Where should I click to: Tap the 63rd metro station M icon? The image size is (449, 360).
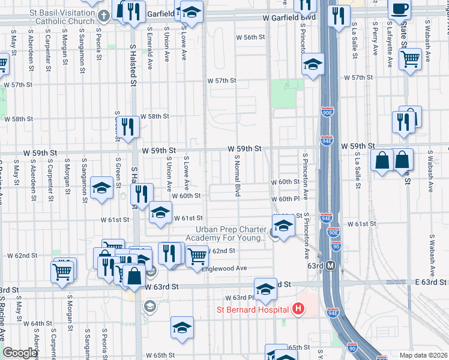330,265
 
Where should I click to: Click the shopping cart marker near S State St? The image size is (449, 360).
410,59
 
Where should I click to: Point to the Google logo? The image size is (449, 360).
19,353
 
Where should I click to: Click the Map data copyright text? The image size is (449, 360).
423,355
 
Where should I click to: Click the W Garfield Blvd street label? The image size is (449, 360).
289,18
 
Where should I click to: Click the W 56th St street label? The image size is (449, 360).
250,37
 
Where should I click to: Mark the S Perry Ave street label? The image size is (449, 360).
374,40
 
